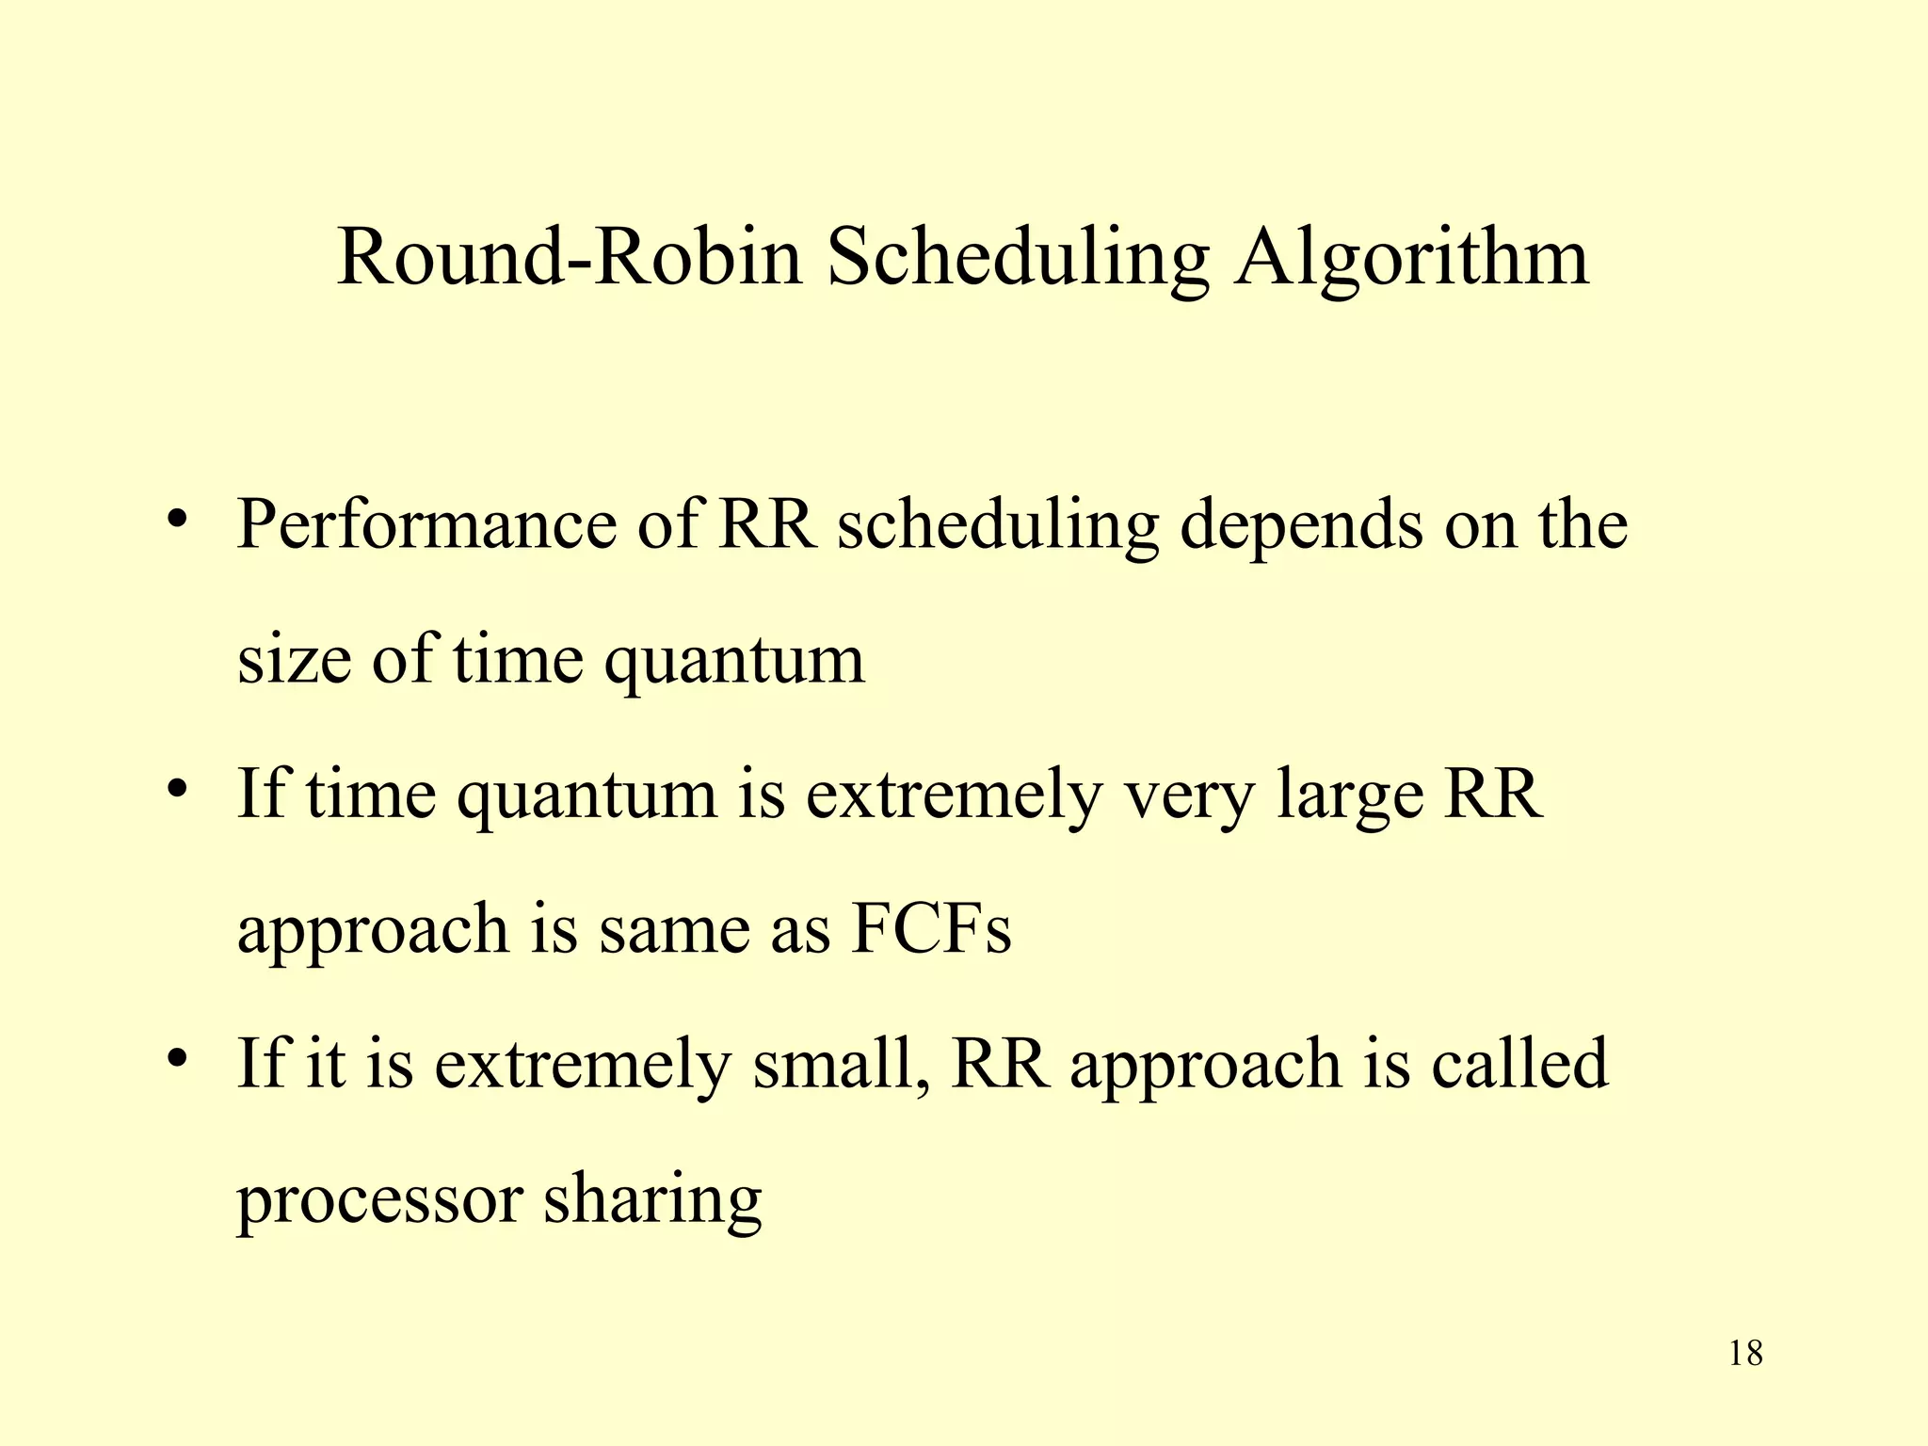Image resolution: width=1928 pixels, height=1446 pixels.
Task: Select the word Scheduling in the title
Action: (1017, 260)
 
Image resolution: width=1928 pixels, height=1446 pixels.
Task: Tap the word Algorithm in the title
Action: (1412, 260)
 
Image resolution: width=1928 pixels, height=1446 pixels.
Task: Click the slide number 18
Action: (1745, 1354)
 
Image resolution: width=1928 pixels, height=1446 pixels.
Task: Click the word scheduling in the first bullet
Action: (997, 525)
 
